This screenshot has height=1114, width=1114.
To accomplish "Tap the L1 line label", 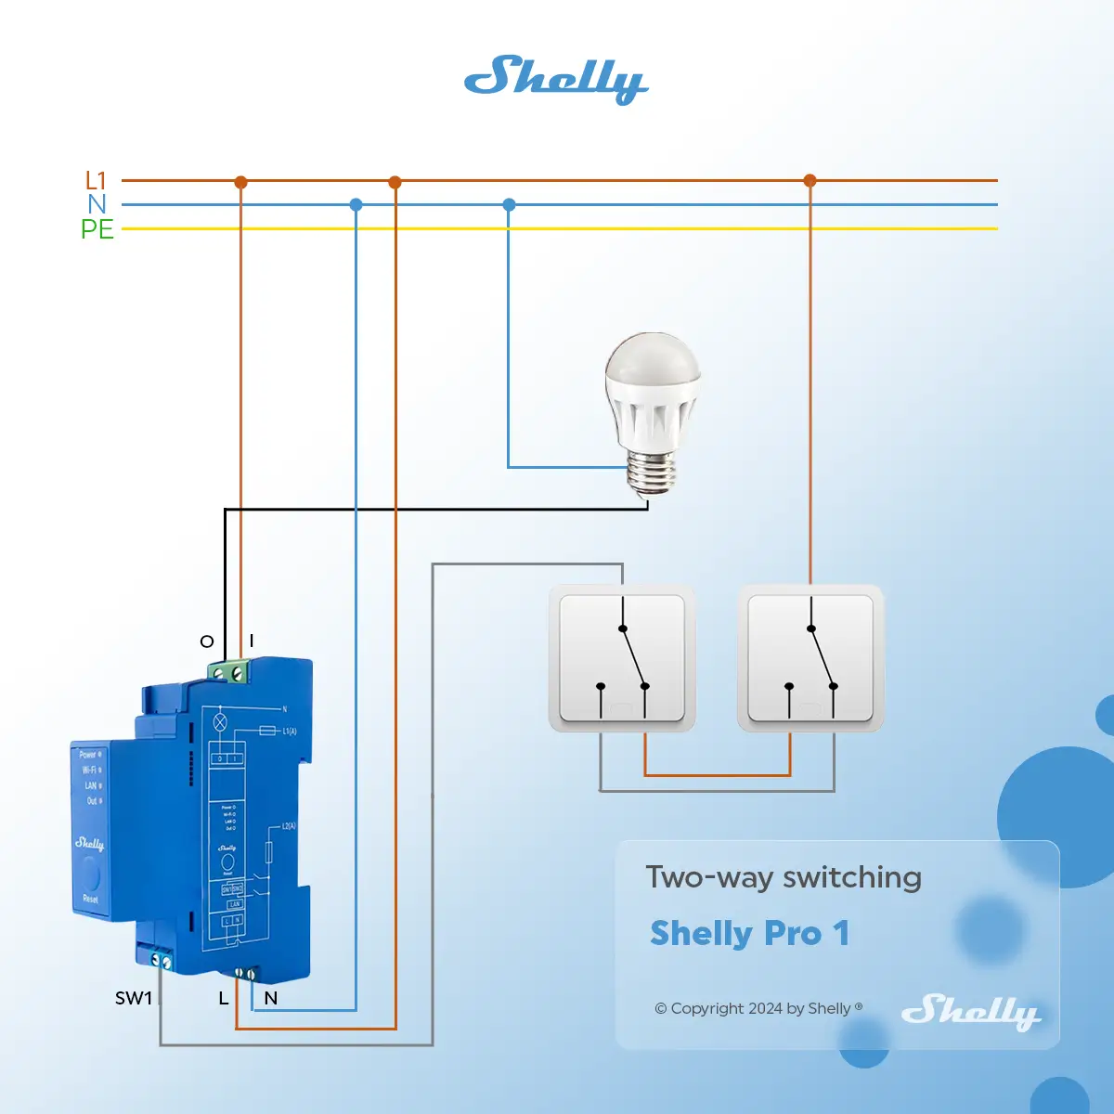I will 96,180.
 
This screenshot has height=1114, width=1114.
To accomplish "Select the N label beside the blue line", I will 97,204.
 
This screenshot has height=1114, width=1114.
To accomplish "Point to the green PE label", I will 97,229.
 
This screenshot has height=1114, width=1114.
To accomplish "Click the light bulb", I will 652,408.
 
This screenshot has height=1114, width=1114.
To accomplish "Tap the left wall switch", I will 622,657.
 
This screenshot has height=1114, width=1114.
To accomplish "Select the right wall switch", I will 810,657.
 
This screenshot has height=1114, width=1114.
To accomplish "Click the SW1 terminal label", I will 133,998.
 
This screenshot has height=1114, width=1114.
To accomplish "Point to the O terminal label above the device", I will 207,641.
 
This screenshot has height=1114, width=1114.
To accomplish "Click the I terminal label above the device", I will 252,641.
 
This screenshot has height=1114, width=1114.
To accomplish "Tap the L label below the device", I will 223,999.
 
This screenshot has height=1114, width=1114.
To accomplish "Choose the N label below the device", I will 270,999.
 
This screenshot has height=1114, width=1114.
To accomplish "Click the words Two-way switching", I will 784,877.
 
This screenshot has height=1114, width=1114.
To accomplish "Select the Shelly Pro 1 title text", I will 749,933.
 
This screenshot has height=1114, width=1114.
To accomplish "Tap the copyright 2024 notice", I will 758,1008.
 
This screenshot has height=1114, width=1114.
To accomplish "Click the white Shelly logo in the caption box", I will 970,1010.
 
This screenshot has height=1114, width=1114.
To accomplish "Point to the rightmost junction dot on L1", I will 810,180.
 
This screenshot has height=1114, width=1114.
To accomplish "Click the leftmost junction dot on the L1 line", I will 240,182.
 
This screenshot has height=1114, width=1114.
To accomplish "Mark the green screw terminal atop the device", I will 229,670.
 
